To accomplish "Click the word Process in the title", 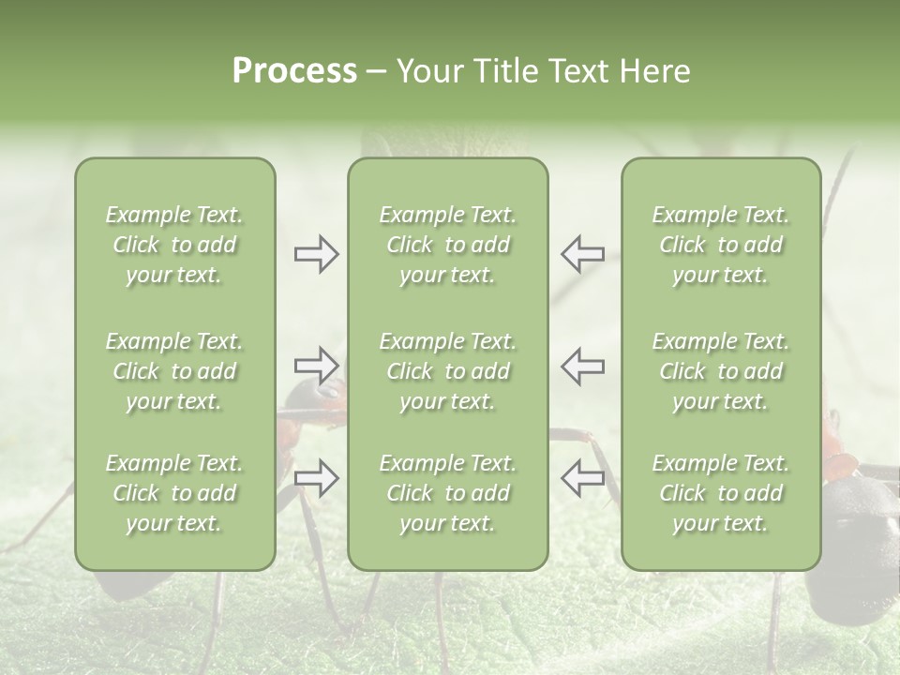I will [x=294, y=71].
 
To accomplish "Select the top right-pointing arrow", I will [x=316, y=254].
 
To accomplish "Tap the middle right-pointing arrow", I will [x=316, y=365].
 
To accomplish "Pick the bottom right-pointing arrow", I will [x=316, y=477].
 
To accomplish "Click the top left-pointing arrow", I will [x=582, y=254].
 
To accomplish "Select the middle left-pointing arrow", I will [x=582, y=365].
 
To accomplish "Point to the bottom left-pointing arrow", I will [x=582, y=477].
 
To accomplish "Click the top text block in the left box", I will [x=174, y=245].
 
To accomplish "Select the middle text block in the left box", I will [x=174, y=371].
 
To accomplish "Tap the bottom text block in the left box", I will [x=174, y=493].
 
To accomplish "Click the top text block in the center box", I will [x=447, y=245].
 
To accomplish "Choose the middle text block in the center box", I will [x=447, y=371].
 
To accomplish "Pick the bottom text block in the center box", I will [x=447, y=493].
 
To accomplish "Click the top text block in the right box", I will [x=720, y=245].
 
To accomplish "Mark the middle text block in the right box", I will [x=720, y=371].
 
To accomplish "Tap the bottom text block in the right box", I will [x=720, y=493].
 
